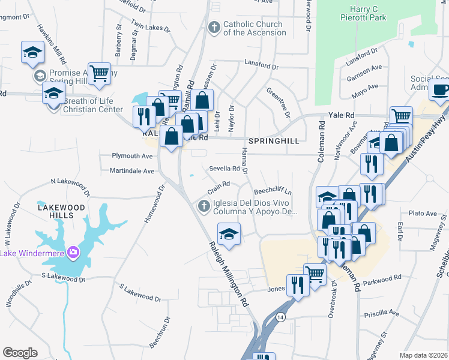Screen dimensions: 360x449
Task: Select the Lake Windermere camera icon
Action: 73,251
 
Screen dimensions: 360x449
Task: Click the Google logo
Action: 20,353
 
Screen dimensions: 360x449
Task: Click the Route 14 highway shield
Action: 280,316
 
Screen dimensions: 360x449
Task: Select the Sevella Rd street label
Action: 224,169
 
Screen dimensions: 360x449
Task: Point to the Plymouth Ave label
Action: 132,155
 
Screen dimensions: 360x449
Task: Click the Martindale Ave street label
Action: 131,171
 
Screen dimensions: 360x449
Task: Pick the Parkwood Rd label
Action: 382,280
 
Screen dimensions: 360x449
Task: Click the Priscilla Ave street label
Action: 382,313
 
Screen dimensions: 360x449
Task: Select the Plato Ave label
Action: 423,213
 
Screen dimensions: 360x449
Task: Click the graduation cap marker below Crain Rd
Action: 228,233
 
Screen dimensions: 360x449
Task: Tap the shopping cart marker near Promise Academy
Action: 100,73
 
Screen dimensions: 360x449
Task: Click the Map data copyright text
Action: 424,355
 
